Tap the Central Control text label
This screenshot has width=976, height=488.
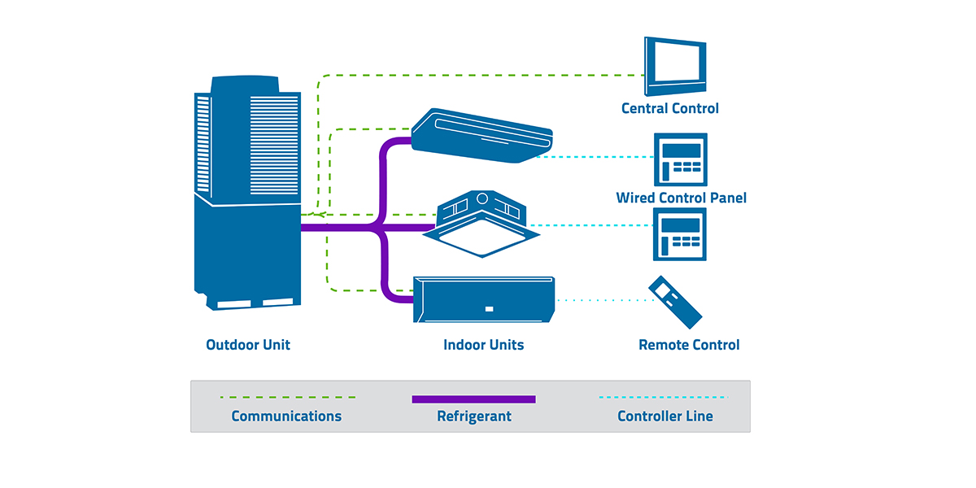(669, 108)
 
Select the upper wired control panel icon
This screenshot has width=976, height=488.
(681, 160)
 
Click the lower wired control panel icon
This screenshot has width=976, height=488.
(681, 234)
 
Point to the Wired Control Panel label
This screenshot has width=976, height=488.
(681, 198)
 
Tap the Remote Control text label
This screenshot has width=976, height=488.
(689, 345)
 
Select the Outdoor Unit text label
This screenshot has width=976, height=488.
(248, 345)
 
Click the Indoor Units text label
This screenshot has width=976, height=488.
(483, 345)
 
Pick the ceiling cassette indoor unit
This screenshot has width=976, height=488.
(481, 224)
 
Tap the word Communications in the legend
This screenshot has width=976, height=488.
(286, 416)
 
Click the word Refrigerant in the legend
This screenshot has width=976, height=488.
(474, 416)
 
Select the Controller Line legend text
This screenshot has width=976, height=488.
(664, 416)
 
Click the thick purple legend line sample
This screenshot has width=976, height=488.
(474, 399)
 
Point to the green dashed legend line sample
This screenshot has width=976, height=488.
(288, 398)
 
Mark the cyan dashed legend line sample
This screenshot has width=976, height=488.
(664, 398)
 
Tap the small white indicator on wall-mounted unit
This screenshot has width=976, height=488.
(488, 308)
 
